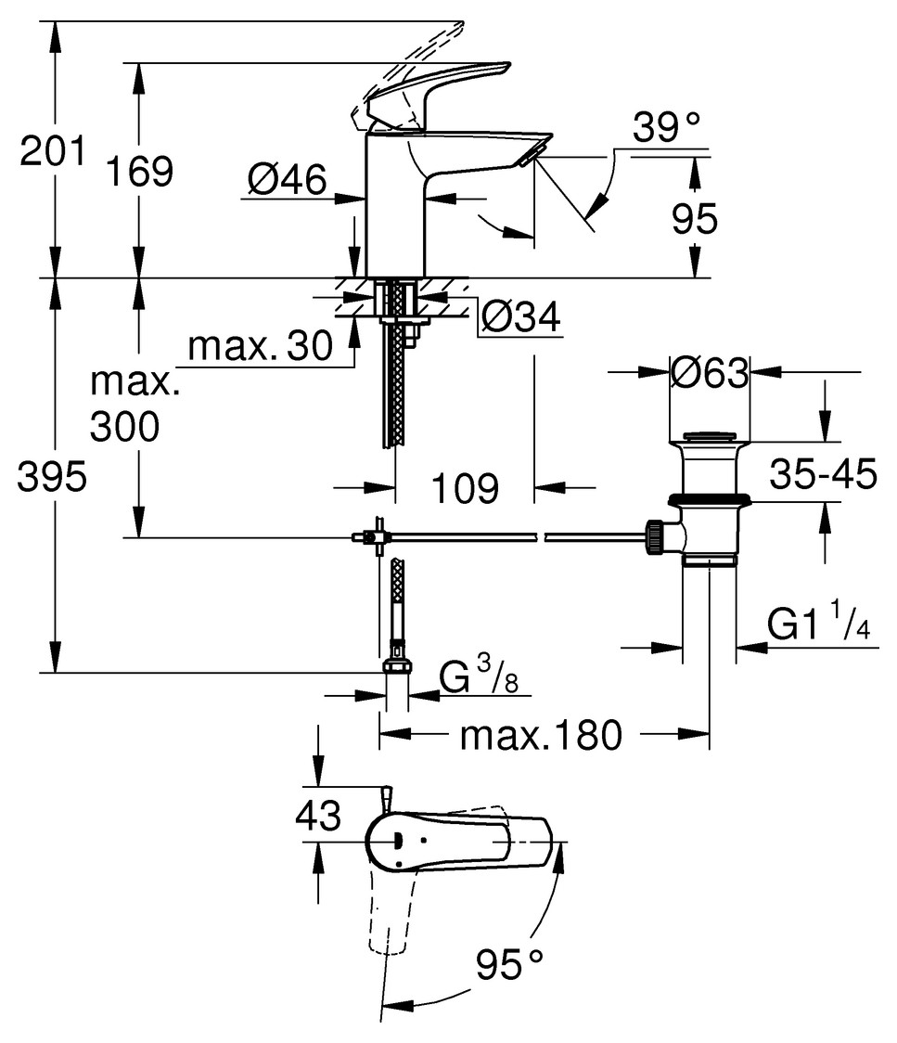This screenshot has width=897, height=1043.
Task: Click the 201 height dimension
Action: point(53,150)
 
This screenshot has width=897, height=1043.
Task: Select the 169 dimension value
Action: point(138,172)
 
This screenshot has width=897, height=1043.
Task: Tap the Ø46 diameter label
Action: point(288,178)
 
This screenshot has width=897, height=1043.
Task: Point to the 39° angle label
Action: point(665,127)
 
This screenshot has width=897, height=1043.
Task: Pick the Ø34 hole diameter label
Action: point(519,318)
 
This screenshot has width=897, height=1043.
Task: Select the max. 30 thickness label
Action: point(260,347)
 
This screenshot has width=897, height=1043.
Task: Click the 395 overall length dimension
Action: point(53,478)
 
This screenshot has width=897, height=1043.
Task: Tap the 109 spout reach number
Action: point(466,487)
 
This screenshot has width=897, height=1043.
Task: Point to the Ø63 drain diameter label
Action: point(710,374)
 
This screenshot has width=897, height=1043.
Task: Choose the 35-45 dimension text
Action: point(823,476)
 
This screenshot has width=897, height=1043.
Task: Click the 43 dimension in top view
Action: point(317,817)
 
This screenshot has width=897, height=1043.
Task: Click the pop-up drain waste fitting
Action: point(707,501)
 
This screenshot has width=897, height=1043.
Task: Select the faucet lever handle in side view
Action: point(436,88)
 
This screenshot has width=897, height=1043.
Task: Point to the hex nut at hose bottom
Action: point(396,668)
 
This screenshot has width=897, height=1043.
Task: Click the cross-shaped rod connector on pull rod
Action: point(374,536)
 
